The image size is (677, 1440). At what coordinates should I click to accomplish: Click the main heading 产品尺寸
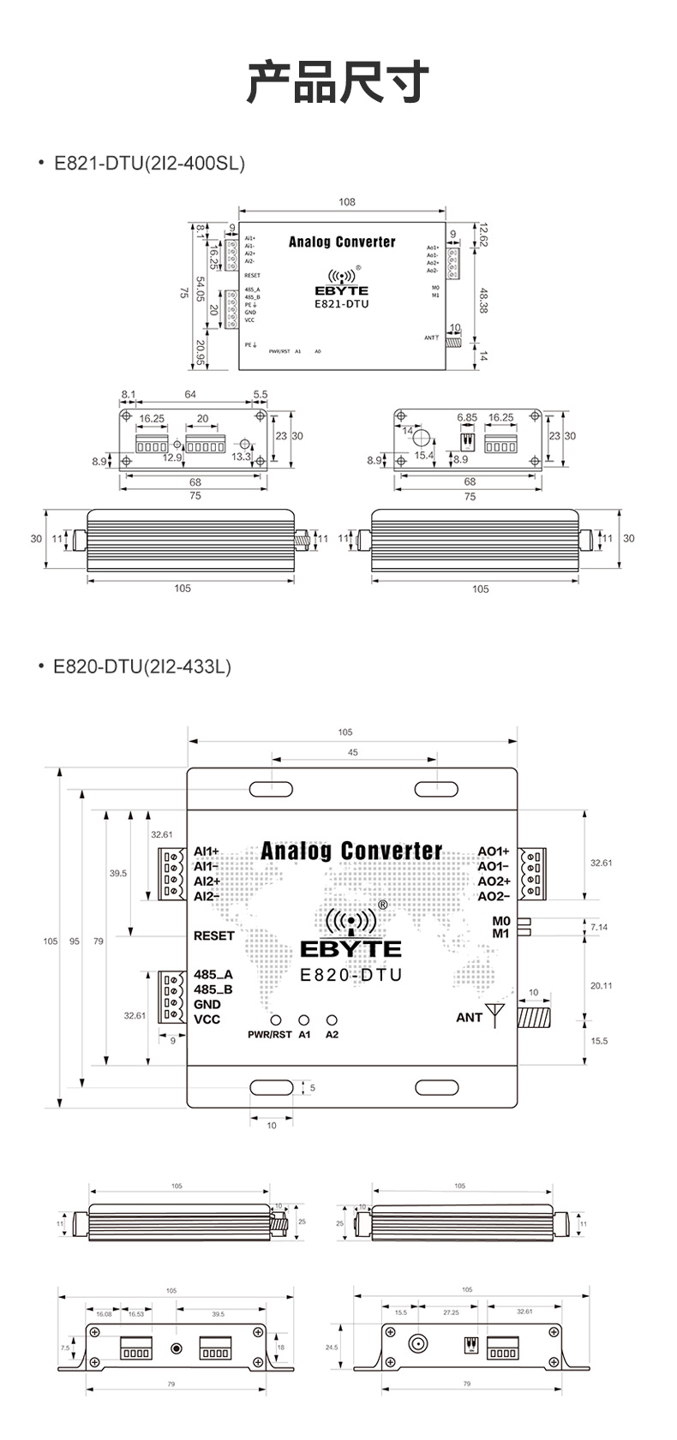pyautogui.click(x=338, y=83)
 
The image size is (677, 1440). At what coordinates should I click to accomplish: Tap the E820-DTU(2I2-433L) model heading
pyautogui.click(x=142, y=666)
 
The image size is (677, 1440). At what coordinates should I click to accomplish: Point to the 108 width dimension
pyautogui.click(x=346, y=202)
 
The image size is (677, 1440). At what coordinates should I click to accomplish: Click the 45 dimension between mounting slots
pyautogui.click(x=353, y=752)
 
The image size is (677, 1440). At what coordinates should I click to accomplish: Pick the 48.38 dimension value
pyautogui.click(x=483, y=300)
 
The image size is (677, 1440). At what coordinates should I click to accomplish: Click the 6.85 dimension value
pyautogui.click(x=466, y=418)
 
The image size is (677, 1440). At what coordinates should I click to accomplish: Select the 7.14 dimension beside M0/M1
pyautogui.click(x=599, y=927)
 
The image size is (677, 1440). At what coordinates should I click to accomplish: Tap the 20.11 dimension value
pyautogui.click(x=601, y=985)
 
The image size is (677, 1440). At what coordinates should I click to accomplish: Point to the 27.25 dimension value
pyautogui.click(x=451, y=1312)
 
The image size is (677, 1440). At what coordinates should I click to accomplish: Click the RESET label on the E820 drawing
pyautogui.click(x=213, y=935)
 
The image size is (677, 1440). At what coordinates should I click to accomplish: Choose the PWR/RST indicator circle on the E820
pyautogui.click(x=276, y=1020)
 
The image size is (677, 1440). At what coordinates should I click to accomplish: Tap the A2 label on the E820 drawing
pyautogui.click(x=332, y=1034)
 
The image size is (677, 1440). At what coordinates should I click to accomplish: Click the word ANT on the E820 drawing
pyautogui.click(x=469, y=1017)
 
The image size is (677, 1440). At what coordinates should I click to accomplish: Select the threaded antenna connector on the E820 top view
pyautogui.click(x=534, y=1017)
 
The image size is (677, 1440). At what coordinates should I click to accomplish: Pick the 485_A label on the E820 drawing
pyautogui.click(x=213, y=974)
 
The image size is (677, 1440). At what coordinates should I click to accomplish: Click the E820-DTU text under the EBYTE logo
pyautogui.click(x=350, y=975)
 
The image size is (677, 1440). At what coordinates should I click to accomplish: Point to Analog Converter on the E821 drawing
pyautogui.click(x=342, y=242)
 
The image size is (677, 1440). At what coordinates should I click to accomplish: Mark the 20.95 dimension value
pyautogui.click(x=200, y=352)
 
